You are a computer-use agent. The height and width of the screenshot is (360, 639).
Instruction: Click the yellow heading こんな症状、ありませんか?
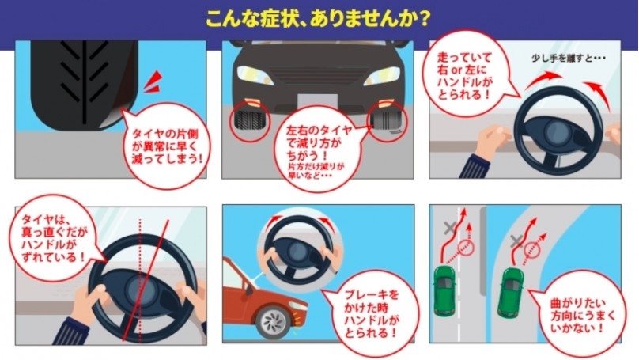tap(317, 19)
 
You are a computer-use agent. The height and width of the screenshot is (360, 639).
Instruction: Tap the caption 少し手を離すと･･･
tap(568, 59)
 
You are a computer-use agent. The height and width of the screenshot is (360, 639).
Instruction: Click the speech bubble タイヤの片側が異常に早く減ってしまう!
tap(166, 146)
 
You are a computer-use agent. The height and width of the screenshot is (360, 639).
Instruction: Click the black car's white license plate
tap(317, 101)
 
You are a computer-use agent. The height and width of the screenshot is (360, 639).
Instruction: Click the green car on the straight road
tap(444, 290)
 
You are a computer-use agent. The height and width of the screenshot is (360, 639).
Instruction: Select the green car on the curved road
tap(511, 292)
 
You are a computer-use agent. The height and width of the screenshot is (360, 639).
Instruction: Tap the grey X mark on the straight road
tap(449, 228)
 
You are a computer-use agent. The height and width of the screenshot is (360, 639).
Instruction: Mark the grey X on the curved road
tap(516, 241)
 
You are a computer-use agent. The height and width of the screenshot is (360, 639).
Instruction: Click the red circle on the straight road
tap(467, 247)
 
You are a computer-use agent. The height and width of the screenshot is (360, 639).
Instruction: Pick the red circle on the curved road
tap(531, 249)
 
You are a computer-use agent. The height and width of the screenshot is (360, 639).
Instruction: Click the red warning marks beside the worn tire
tap(153, 82)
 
